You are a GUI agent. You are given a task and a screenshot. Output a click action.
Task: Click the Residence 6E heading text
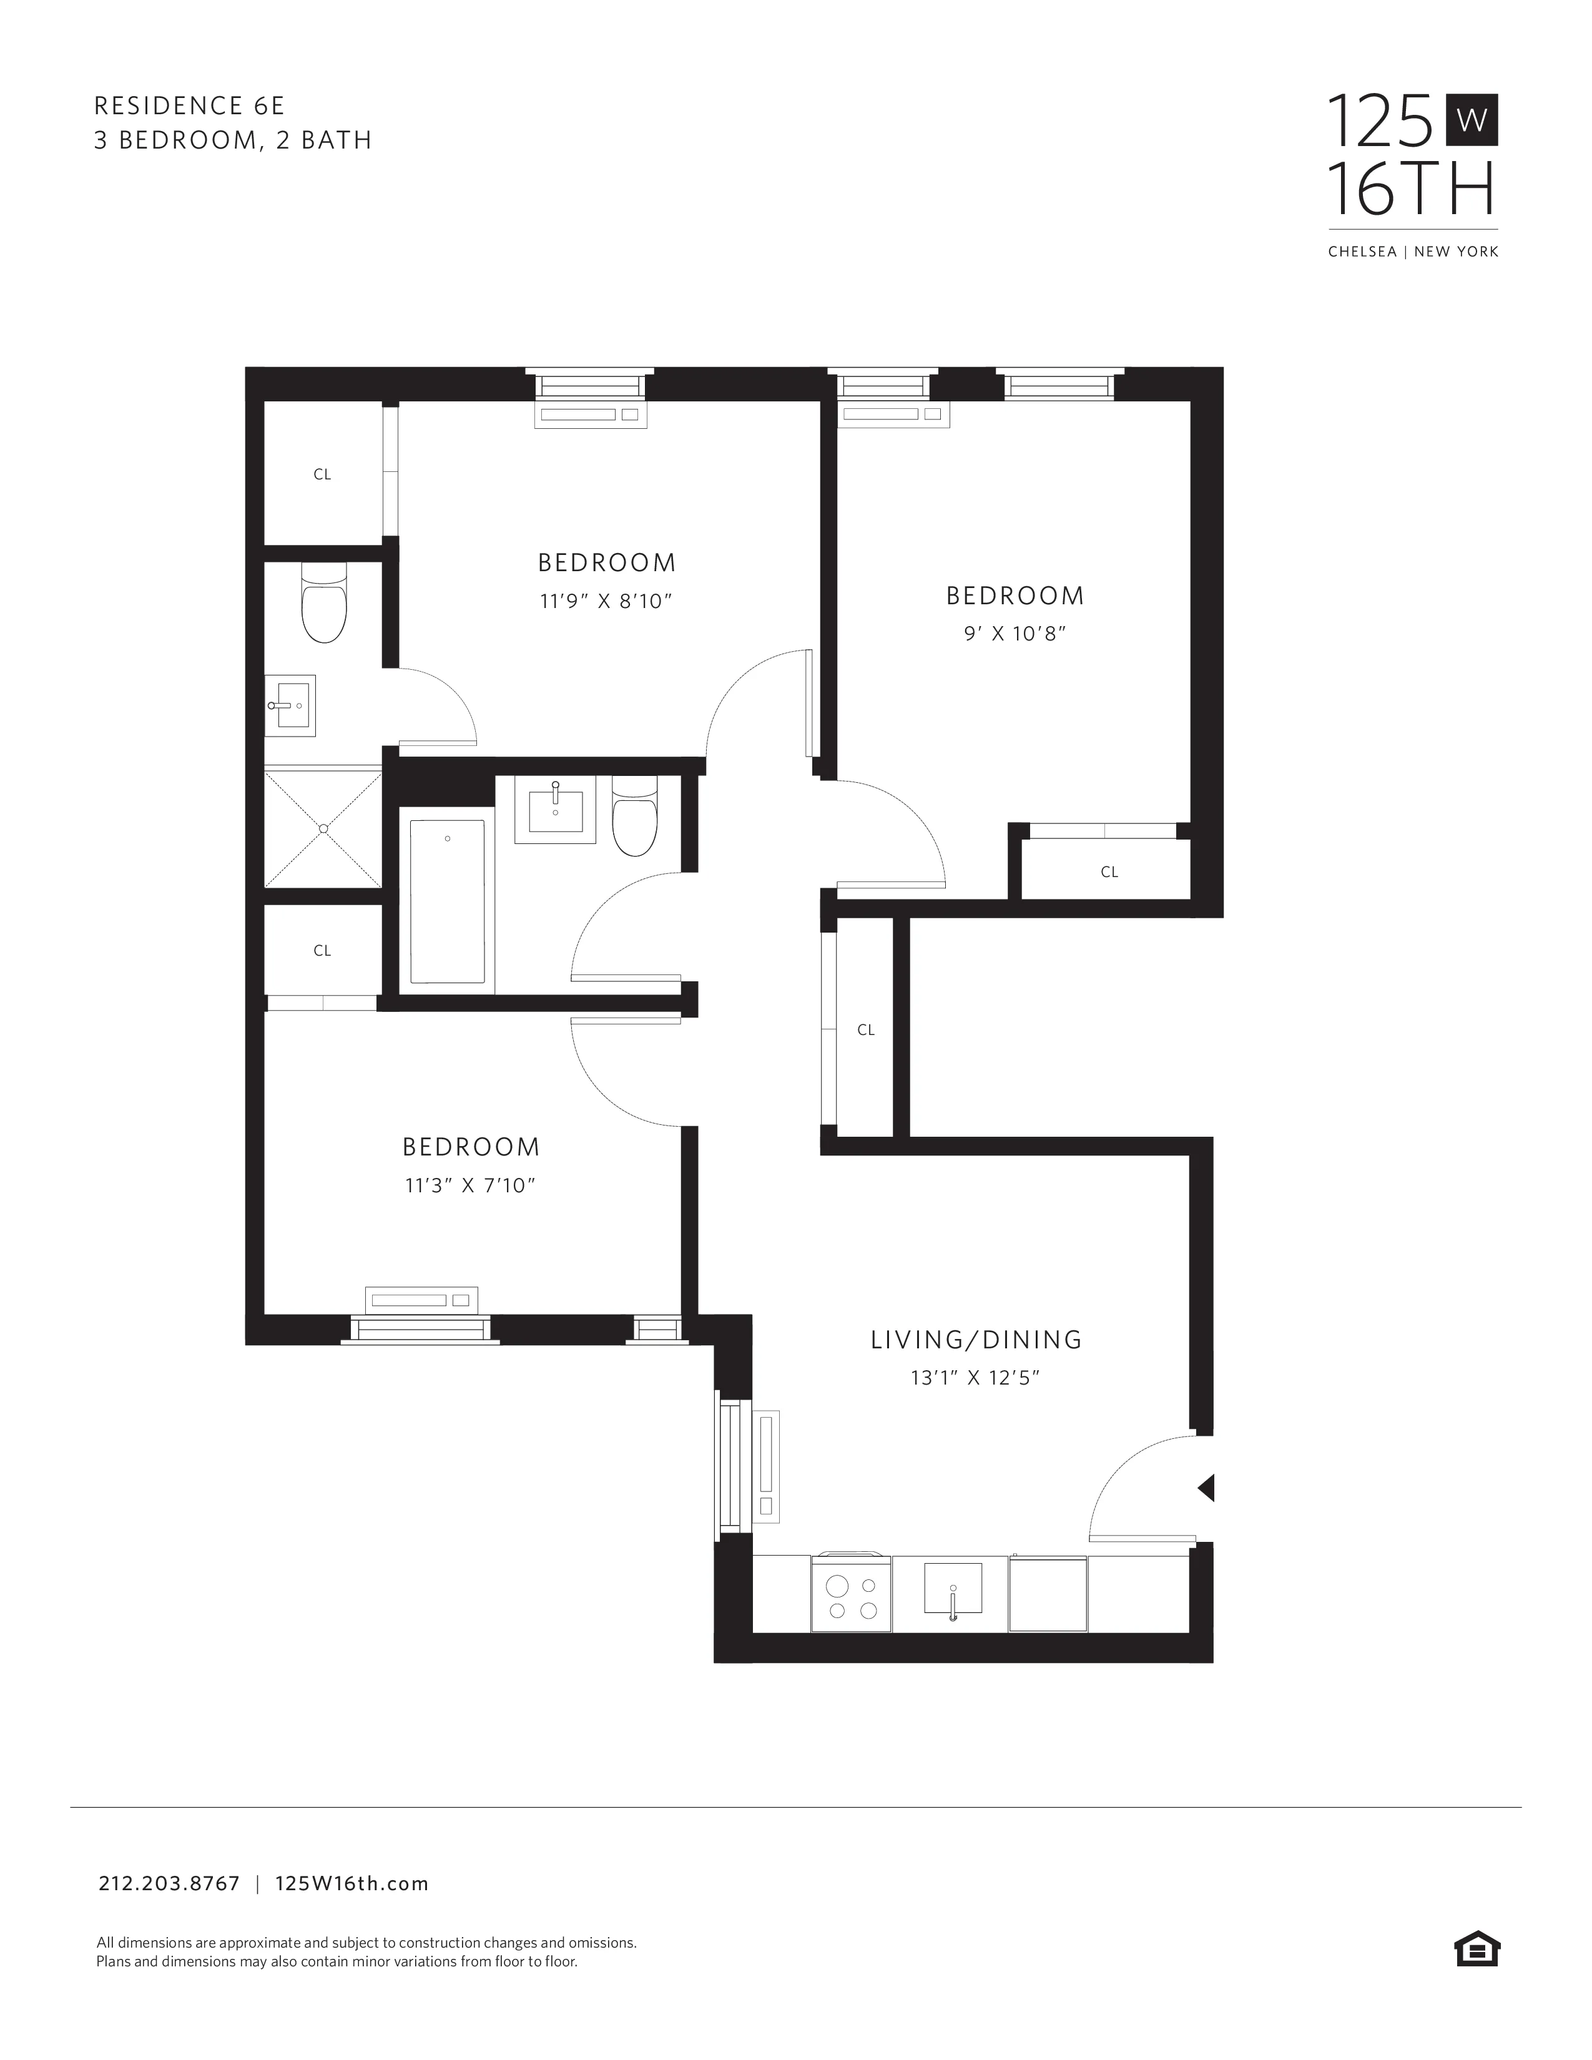(x=189, y=105)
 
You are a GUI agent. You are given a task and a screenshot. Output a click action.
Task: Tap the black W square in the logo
(x=1472, y=120)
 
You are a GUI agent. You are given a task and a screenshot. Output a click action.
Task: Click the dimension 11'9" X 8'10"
(x=606, y=601)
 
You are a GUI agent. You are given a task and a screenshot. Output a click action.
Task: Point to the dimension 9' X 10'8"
(x=1015, y=634)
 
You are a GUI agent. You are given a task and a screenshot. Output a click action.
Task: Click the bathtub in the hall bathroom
(x=447, y=901)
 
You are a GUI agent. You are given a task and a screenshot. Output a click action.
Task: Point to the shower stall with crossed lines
(x=323, y=829)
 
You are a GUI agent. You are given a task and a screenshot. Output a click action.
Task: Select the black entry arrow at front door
(x=1206, y=1488)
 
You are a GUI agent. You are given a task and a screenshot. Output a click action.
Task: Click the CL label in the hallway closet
(x=866, y=1030)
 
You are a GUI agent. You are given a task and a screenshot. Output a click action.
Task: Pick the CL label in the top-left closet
(x=323, y=474)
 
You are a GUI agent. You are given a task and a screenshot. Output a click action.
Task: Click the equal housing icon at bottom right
(x=1477, y=1950)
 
